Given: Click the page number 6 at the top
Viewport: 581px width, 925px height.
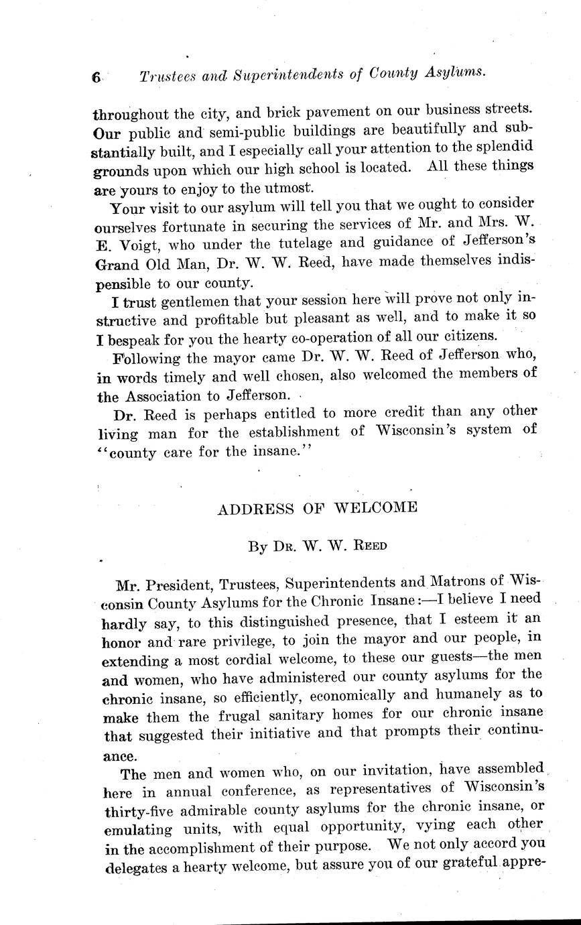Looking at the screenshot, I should click(96, 77).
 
